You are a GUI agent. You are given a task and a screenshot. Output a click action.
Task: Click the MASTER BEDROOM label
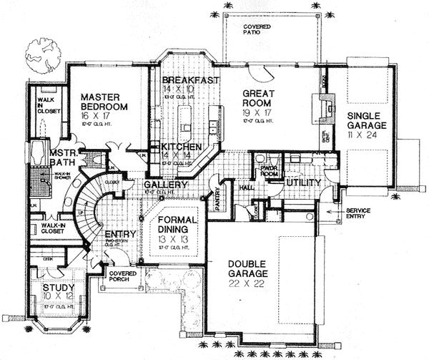pos(104,101)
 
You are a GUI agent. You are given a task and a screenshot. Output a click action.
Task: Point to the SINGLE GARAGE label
pos(367,119)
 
